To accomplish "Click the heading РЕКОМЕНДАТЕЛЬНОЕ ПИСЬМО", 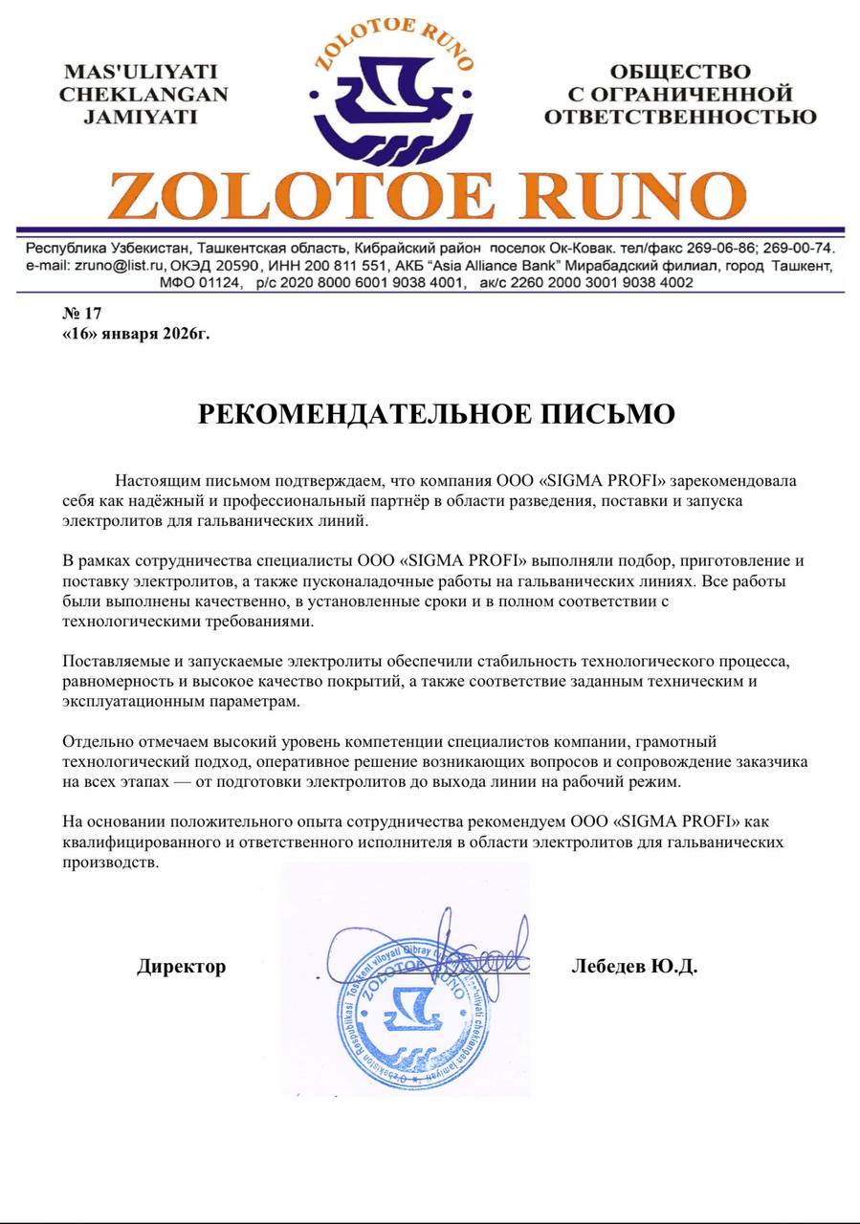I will pyautogui.click(x=436, y=414).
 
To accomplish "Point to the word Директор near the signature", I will pyautogui.click(x=182, y=967).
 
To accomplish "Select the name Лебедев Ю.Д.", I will pyautogui.click(x=634, y=967).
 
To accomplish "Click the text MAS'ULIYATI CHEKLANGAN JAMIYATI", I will pyautogui.click(x=143, y=95).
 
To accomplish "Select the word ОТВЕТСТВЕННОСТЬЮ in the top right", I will pyautogui.click(x=680, y=118).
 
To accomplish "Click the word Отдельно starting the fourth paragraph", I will pyautogui.click(x=93, y=741).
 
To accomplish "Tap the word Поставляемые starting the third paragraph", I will pyautogui.click(x=113, y=661).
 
